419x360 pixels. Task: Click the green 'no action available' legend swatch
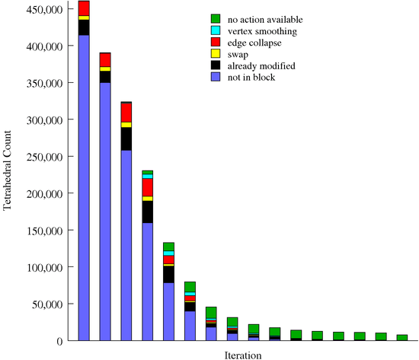[x=216, y=18]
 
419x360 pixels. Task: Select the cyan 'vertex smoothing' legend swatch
[x=216, y=30]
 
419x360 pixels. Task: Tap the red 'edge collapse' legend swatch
[x=216, y=42]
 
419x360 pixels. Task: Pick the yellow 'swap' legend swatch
[x=216, y=54]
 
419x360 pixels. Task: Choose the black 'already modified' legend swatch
[x=216, y=65]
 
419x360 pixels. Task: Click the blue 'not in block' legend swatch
[x=216, y=78]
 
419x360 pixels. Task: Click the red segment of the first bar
[x=84, y=8]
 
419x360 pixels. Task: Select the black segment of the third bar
[x=126, y=139]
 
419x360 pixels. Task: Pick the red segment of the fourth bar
[x=148, y=187]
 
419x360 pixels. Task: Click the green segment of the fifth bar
[x=168, y=247]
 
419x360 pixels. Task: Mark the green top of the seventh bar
[x=211, y=312]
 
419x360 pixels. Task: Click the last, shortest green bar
[x=401, y=337]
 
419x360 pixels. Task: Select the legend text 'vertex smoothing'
[x=263, y=30]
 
